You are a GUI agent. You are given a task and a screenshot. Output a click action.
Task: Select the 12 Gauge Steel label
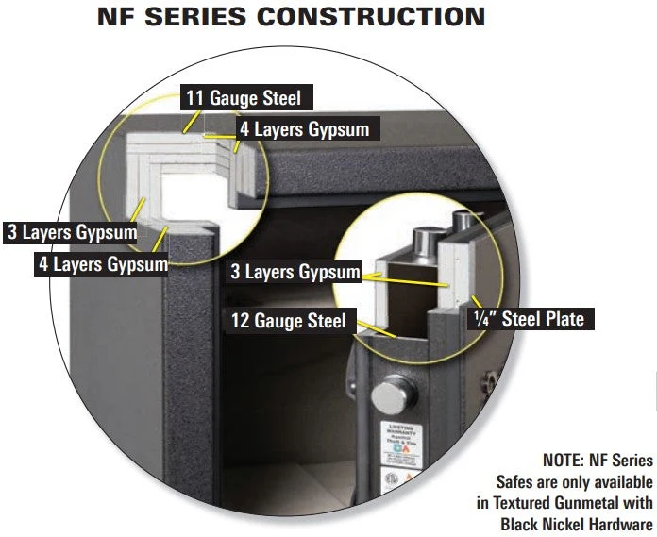tap(288, 321)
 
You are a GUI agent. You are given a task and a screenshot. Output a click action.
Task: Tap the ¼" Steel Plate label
tap(528, 319)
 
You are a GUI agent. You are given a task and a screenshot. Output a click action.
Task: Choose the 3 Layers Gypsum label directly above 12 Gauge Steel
tap(295, 273)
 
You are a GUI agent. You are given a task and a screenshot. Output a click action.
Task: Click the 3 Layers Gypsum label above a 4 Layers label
tap(72, 231)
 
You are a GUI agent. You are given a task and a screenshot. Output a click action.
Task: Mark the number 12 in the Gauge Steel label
tap(241, 321)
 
